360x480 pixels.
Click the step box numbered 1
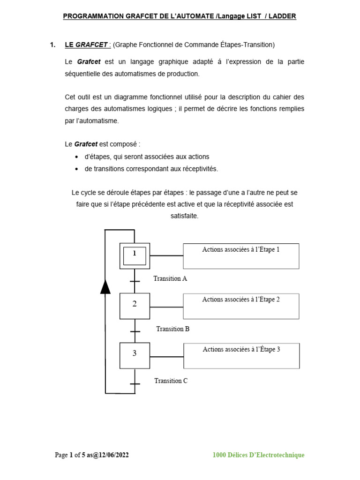click(135, 255)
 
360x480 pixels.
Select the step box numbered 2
click(135, 306)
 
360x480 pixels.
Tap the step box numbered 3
click(135, 355)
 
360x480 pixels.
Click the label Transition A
click(170, 278)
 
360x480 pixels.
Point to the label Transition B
click(172, 329)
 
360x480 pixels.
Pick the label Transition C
click(171, 381)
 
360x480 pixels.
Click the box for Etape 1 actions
click(241, 256)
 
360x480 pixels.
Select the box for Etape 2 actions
click(241, 306)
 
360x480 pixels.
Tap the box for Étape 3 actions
click(241, 356)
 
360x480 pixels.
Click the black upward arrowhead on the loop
click(105, 286)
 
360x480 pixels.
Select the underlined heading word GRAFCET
click(92, 45)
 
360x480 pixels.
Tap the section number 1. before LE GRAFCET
click(52, 45)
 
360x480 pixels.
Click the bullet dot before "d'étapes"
click(77, 157)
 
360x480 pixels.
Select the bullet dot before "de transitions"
click(77, 169)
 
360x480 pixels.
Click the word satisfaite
click(185, 216)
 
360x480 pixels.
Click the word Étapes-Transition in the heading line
click(246, 45)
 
